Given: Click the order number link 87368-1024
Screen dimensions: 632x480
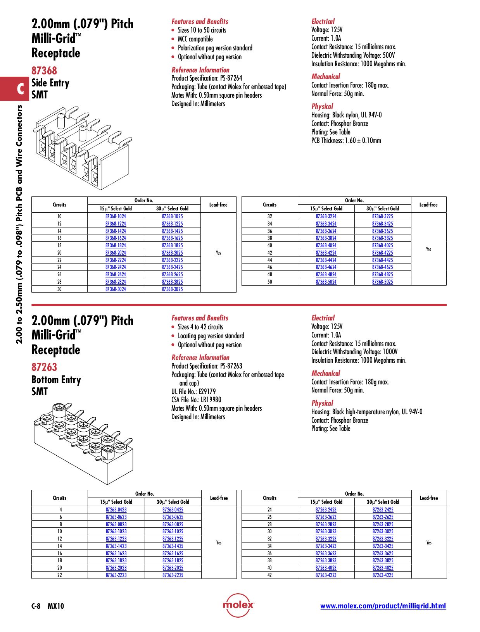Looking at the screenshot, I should click(116, 216).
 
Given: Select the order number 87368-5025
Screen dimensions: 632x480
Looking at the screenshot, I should click(382, 282).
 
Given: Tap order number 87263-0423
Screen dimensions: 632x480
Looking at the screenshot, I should click(116, 510).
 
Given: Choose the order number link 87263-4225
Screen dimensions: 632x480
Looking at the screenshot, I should click(383, 575).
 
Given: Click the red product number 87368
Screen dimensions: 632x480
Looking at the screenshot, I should click(44, 71).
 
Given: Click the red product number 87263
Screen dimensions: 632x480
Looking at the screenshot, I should click(44, 367).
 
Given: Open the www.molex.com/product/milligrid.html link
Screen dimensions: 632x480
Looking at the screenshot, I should click(383, 606).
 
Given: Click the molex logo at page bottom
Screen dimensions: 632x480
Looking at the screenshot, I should click(238, 605).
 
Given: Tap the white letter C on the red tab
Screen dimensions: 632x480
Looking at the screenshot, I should click(20, 89).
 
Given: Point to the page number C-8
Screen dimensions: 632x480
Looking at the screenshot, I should click(36, 606).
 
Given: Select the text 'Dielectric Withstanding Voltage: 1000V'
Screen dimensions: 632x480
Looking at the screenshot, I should click(354, 352).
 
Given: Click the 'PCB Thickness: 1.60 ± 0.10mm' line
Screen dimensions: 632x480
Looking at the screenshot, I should click(346, 141).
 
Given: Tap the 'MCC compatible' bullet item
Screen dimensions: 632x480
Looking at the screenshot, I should click(195, 39).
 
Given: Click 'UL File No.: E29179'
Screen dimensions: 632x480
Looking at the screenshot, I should click(193, 391).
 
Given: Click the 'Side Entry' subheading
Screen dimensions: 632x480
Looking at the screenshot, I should click(50, 83).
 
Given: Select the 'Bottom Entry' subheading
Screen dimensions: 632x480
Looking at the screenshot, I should click(56, 380).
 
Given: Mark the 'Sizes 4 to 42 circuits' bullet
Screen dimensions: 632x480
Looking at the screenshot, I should click(200, 327).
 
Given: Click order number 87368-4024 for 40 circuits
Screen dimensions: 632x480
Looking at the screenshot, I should click(326, 245).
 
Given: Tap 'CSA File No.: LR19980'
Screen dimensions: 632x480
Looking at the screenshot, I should click(196, 400).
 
